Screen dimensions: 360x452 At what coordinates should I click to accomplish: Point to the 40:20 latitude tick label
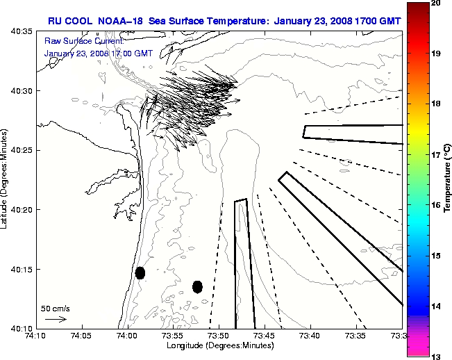pos(21,210)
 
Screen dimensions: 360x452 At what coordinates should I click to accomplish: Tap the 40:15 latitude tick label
pos(21,269)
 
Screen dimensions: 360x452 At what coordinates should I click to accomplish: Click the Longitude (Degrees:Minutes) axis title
pos(219,346)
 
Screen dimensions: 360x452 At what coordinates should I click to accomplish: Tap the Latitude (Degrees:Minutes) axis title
pos(5,180)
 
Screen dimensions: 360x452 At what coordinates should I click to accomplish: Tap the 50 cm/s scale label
pos(56,308)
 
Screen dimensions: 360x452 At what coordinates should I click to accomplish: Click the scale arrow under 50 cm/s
pos(56,319)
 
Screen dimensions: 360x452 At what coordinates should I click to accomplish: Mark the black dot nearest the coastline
pos(140,272)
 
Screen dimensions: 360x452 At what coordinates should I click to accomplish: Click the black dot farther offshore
pos(197,286)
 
